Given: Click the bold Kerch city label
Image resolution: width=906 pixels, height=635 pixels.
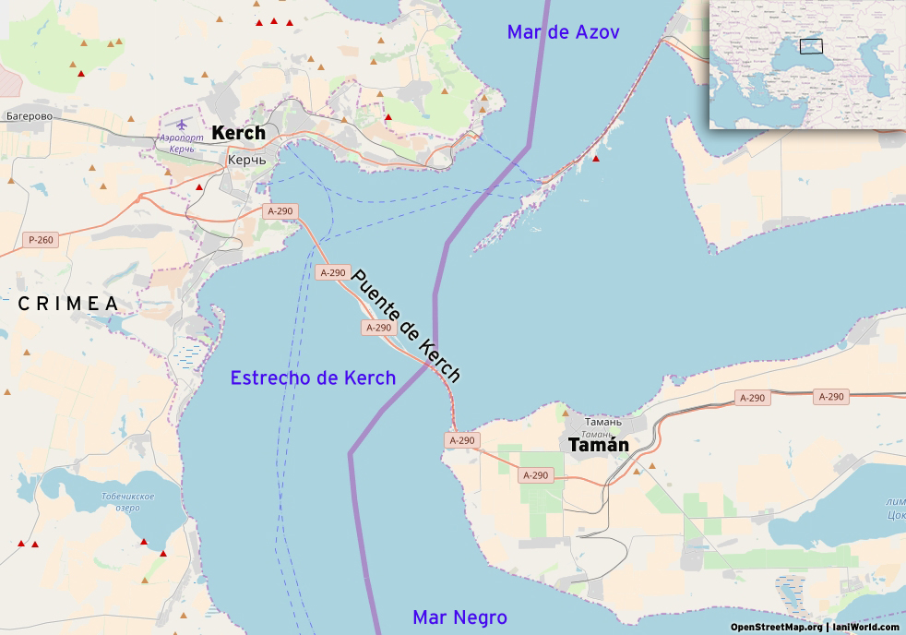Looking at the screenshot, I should [x=238, y=133].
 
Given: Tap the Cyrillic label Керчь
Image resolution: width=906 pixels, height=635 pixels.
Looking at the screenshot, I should [x=246, y=160].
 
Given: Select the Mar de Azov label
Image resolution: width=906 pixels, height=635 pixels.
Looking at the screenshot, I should [x=563, y=32].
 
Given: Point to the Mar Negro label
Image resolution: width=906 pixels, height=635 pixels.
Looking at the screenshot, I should [x=459, y=617].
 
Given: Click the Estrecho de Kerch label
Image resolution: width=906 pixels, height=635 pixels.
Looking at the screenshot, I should [x=313, y=377].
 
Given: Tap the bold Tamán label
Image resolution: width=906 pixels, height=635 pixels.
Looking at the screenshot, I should [x=599, y=446].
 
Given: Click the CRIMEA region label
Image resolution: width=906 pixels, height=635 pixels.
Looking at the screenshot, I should [x=68, y=304].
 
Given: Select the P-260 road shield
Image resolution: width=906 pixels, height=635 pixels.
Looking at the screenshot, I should [x=41, y=240].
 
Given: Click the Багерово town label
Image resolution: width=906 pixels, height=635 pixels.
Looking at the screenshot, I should [x=29, y=116].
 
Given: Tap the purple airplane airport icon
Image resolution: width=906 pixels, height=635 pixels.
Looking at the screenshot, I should [x=181, y=124].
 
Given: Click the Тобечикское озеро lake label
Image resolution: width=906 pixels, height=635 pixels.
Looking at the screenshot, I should [x=127, y=502].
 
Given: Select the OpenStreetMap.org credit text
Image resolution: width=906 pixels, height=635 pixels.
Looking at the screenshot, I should [x=776, y=628].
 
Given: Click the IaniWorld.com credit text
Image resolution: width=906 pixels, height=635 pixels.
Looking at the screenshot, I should [x=865, y=628].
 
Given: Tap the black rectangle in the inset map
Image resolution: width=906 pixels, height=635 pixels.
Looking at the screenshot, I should [x=811, y=46].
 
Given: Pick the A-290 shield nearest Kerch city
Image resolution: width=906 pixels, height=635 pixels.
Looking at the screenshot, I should [x=280, y=211].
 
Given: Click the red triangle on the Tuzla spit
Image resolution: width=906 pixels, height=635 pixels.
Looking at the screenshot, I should [x=596, y=160].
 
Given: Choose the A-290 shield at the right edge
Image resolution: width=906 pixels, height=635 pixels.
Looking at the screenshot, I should [x=830, y=397].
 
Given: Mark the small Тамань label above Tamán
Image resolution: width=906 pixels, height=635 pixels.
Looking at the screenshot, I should [x=602, y=422].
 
